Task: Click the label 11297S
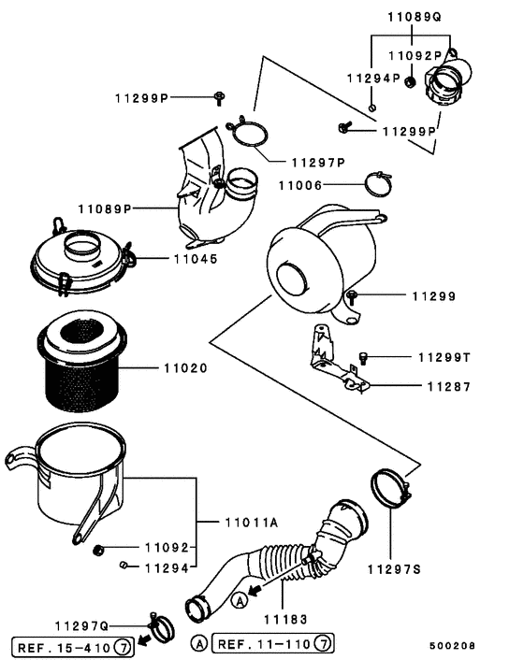[395, 567]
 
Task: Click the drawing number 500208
[453, 646]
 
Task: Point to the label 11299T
[444, 357]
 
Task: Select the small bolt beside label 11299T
[365, 356]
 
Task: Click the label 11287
[449, 385]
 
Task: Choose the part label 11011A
[251, 523]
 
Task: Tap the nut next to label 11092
[98, 548]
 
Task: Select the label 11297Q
[81, 625]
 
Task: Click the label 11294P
[373, 78]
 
